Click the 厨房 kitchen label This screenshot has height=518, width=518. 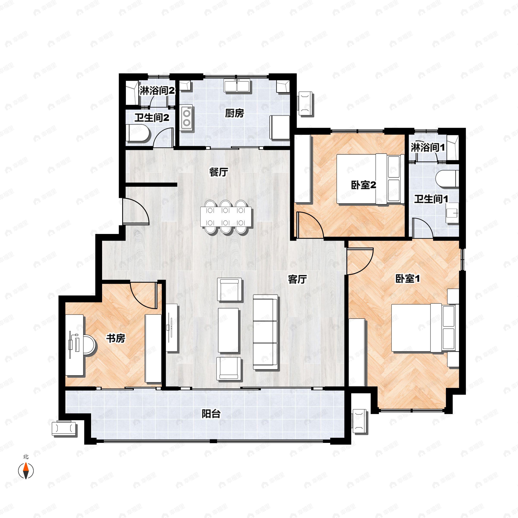click(x=234, y=113)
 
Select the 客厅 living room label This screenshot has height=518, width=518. click(x=297, y=279)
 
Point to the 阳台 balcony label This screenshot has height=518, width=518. click(x=211, y=414)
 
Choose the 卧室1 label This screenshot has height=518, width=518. click(x=408, y=279)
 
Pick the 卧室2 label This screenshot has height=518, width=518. click(x=363, y=185)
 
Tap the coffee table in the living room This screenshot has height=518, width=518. click(x=228, y=330)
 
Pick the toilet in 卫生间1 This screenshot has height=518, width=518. click(x=447, y=179)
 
